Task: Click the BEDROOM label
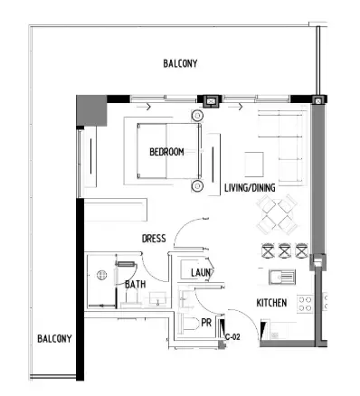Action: pyautogui.click(x=166, y=152)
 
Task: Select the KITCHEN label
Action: pyautogui.click(x=271, y=303)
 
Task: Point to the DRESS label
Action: pyautogui.click(x=154, y=239)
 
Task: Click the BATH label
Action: pyautogui.click(x=135, y=284)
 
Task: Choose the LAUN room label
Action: pyautogui.click(x=201, y=271)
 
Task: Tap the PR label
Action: pyautogui.click(x=206, y=321)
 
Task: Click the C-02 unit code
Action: pyautogui.click(x=232, y=336)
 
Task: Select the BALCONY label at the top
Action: pyautogui.click(x=180, y=63)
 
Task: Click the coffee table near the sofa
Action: pyautogui.click(x=254, y=163)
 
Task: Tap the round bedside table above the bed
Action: pyautogui.click(x=196, y=116)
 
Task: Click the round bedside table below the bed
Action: pyautogui.click(x=196, y=186)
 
